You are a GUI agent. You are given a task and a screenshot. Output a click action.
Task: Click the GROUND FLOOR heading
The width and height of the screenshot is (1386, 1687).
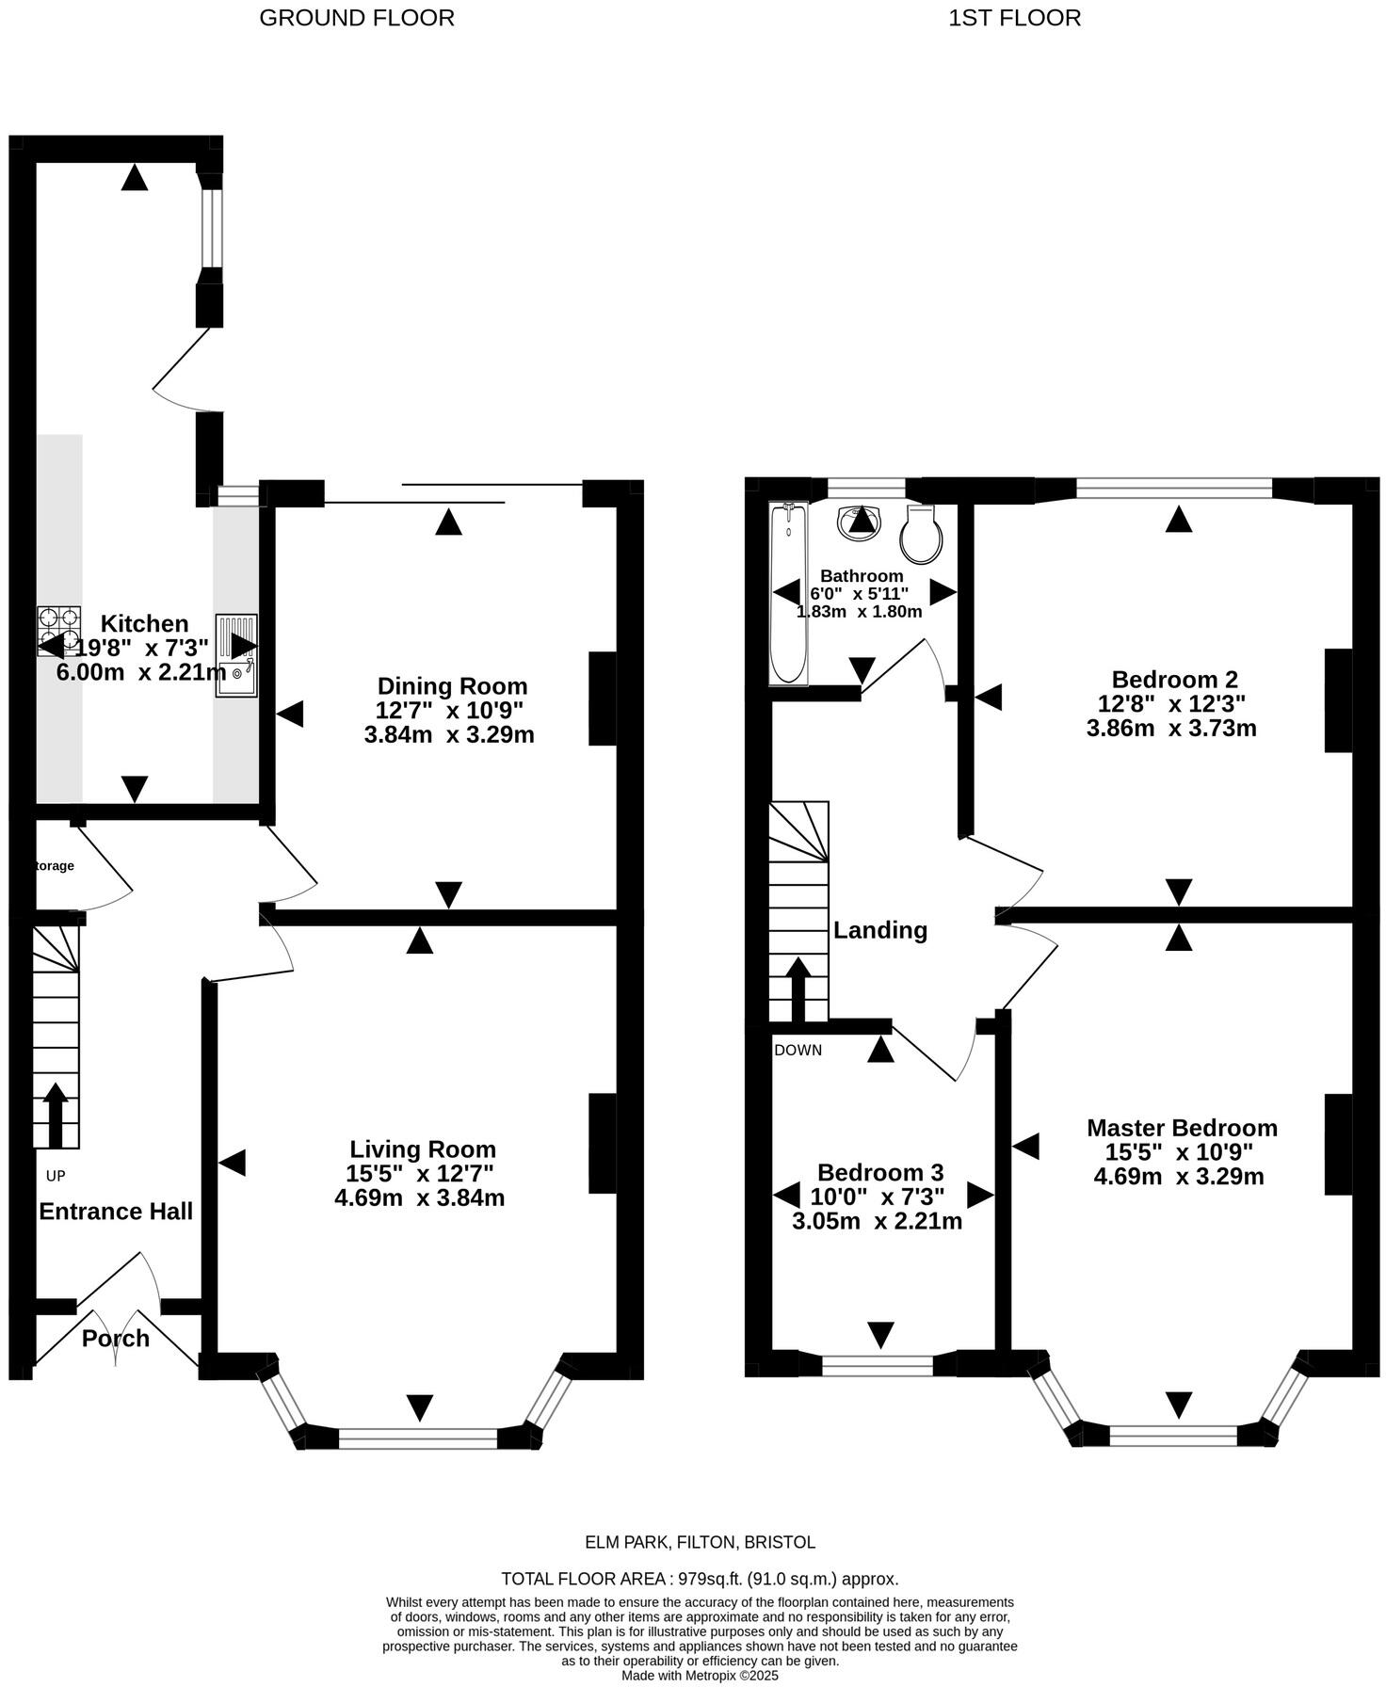pos(356,18)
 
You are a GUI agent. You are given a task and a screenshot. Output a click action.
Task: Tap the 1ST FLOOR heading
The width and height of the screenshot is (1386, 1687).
pos(1014,18)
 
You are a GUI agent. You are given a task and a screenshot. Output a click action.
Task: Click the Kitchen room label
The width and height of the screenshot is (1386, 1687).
pos(144,623)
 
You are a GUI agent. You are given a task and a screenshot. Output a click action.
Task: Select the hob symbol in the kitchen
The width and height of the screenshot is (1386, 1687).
pos(58,630)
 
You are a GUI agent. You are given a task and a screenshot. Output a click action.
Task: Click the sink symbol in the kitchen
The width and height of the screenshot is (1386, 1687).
pos(235,655)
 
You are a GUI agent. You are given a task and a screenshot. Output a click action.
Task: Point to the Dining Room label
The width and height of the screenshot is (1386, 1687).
pos(452,685)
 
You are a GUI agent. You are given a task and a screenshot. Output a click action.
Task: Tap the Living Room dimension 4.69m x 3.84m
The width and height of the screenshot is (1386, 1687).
pos(420,1197)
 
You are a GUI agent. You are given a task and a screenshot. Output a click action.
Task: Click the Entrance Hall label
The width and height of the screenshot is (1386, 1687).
pos(116,1211)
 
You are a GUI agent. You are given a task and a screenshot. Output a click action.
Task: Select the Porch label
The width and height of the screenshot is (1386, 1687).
pos(115,1338)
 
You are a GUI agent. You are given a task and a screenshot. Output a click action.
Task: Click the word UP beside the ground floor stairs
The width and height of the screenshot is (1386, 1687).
pos(56,1176)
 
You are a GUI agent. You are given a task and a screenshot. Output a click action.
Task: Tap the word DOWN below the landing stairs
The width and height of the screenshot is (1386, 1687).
pos(798,1050)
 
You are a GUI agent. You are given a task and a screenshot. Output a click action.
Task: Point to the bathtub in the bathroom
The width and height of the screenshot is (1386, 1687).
pos(787,593)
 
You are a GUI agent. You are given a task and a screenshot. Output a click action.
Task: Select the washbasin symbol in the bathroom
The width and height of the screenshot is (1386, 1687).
pos(859,519)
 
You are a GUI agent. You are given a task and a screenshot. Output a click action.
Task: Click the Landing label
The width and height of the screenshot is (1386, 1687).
pos(880,930)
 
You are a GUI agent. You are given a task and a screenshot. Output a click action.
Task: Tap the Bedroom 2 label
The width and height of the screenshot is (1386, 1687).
pos(1174,679)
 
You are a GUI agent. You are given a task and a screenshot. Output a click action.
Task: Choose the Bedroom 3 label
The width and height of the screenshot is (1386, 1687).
pos(880,1172)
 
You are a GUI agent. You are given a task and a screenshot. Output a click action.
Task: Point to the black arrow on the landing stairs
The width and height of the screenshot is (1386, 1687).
pos(798,988)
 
